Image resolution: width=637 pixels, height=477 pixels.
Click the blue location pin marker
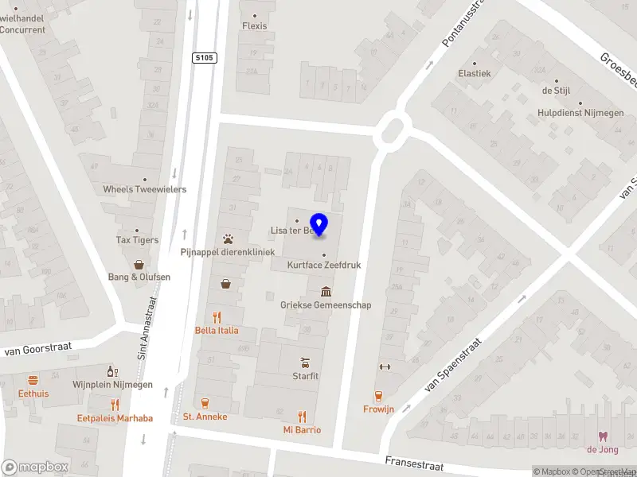point(319,224)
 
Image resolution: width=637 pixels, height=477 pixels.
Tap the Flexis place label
point(255,25)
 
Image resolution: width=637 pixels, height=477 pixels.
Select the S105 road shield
point(205,58)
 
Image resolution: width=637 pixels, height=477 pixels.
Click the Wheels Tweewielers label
point(145,189)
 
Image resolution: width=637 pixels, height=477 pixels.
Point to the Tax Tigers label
point(137,239)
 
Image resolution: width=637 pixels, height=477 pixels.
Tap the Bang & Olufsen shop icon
point(139,264)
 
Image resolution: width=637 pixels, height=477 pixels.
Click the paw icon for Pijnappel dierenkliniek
point(228,238)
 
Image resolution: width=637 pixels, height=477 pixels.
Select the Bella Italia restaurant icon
point(217,316)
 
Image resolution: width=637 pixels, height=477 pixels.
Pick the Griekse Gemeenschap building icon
point(325,292)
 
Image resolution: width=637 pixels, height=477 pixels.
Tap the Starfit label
point(305,375)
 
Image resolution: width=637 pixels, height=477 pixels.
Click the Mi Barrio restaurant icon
point(302,416)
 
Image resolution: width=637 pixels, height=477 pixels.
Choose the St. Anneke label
point(205,417)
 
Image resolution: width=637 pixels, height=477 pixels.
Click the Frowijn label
point(379,409)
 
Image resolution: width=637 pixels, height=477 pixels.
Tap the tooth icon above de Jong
point(603,436)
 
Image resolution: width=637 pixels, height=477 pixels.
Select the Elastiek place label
point(475,73)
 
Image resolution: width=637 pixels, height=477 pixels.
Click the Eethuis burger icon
point(33,380)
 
